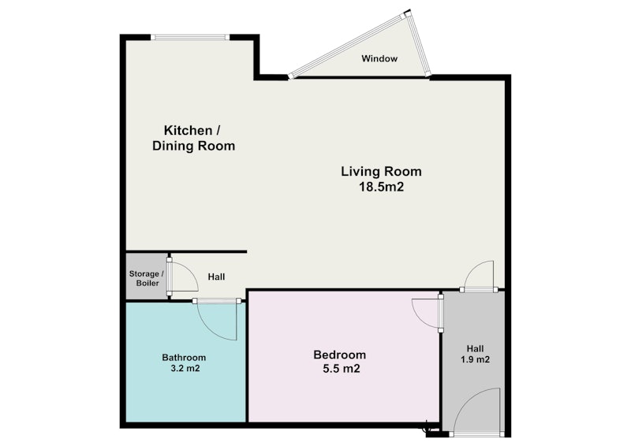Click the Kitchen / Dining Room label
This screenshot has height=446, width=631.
[x=193, y=138]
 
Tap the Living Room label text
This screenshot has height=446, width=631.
[x=381, y=172]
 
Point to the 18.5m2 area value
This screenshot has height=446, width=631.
[x=381, y=187]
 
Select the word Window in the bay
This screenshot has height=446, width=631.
[x=379, y=59]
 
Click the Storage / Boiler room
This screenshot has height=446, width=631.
[x=147, y=277]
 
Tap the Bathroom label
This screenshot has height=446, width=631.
[x=184, y=358]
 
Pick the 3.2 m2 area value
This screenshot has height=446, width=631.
[x=185, y=368]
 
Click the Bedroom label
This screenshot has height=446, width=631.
[x=340, y=355]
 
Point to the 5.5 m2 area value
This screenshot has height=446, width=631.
[x=342, y=368]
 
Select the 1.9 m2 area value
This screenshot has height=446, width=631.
[x=476, y=359]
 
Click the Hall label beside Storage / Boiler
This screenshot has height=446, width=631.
[x=216, y=277]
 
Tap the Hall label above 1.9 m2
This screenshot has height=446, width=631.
[x=476, y=348]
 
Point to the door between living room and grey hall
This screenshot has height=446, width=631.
[x=479, y=289]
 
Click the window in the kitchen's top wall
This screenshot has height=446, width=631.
[x=190, y=37]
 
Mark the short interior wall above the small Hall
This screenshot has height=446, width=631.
[x=186, y=251]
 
